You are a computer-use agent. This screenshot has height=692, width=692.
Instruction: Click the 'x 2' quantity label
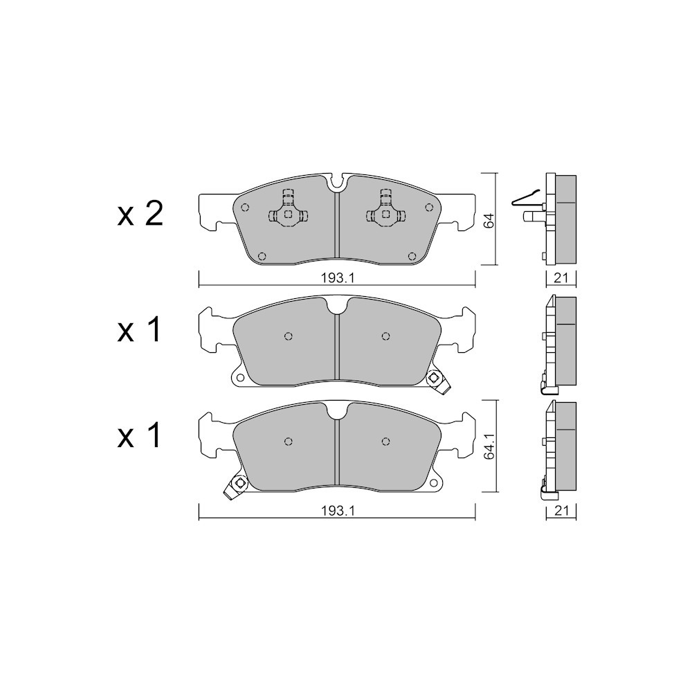[x=140, y=215]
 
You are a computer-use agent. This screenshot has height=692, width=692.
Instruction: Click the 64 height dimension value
[x=489, y=220]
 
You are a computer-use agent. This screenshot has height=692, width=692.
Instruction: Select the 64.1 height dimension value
[x=489, y=446]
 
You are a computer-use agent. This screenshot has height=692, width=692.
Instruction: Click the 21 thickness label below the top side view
[x=561, y=278]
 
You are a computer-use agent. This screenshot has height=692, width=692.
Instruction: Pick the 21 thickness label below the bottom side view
[x=561, y=511]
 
